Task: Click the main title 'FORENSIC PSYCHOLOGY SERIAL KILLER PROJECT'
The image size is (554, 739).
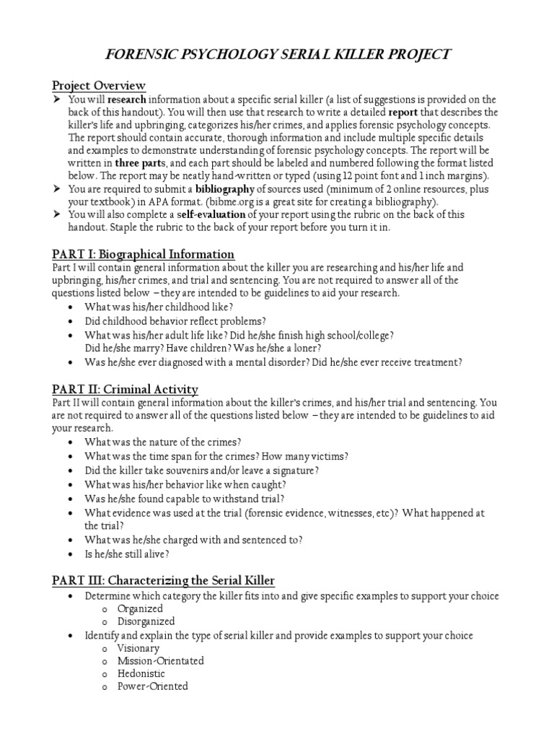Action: click(x=278, y=55)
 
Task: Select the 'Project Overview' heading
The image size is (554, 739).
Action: click(x=98, y=86)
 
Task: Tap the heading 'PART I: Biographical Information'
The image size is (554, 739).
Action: click(x=143, y=254)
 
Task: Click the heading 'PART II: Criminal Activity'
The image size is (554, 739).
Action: click(x=125, y=390)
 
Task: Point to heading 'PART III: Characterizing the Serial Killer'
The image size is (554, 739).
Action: click(x=163, y=580)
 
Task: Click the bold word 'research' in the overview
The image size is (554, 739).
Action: click(x=127, y=100)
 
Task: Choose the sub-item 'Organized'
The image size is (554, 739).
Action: click(x=141, y=608)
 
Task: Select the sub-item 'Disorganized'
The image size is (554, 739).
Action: click(x=146, y=621)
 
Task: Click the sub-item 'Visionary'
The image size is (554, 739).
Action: click(x=138, y=648)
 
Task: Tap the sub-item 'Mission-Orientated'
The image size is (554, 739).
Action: click(x=161, y=660)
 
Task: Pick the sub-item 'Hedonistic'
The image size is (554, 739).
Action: click(x=141, y=673)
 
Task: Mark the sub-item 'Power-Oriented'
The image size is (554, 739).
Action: click(x=153, y=686)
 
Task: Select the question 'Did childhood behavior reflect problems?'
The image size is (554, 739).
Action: click(x=175, y=321)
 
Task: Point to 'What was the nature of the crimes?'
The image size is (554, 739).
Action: click(x=163, y=442)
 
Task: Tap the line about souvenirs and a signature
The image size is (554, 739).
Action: click(x=202, y=470)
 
